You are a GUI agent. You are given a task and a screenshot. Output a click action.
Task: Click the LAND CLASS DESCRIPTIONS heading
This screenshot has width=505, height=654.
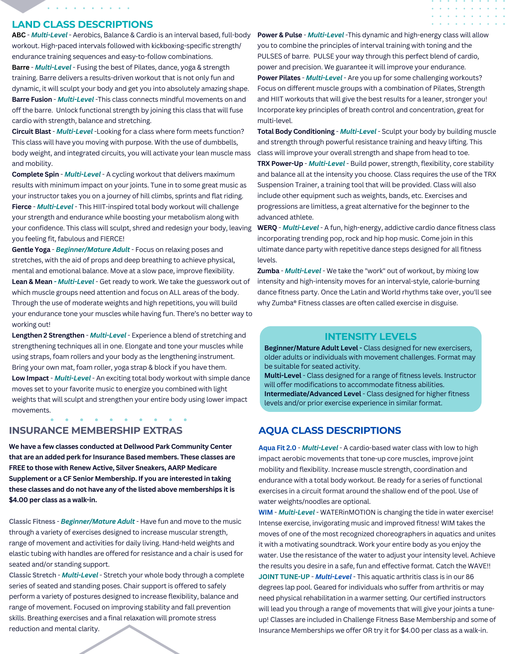82,25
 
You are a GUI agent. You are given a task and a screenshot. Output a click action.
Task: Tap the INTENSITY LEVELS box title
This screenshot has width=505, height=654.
370,336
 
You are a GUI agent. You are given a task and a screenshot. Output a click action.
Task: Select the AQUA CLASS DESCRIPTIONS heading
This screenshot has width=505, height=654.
329,431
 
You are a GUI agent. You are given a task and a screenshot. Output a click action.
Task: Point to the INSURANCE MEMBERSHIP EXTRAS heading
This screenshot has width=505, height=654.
95,431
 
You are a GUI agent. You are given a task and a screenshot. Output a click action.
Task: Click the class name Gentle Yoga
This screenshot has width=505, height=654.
31,250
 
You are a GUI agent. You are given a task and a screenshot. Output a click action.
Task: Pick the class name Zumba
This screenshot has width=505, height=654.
268,271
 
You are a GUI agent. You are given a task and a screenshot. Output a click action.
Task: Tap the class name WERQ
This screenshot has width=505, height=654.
267,228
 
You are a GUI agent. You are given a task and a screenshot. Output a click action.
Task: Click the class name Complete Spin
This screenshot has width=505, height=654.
35,174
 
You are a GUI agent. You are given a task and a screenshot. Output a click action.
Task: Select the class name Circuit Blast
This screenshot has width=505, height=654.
31,132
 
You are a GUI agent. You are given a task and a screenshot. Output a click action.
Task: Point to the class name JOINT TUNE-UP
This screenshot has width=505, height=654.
284,577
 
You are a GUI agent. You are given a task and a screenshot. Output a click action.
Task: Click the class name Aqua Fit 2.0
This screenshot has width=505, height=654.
277,448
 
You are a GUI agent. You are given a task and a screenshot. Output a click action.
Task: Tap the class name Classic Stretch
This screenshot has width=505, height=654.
33,575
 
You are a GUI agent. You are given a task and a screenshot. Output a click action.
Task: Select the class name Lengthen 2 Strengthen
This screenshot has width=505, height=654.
48,335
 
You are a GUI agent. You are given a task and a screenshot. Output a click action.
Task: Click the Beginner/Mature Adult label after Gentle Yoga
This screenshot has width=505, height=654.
93,250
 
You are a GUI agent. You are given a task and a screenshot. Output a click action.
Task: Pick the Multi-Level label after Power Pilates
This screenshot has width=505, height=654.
324,78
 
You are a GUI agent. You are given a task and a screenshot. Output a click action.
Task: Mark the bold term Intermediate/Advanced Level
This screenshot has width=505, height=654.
312,394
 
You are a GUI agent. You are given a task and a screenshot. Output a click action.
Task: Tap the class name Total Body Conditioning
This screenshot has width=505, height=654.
296,132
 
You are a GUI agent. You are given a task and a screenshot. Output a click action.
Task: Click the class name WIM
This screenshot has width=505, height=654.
265,512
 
